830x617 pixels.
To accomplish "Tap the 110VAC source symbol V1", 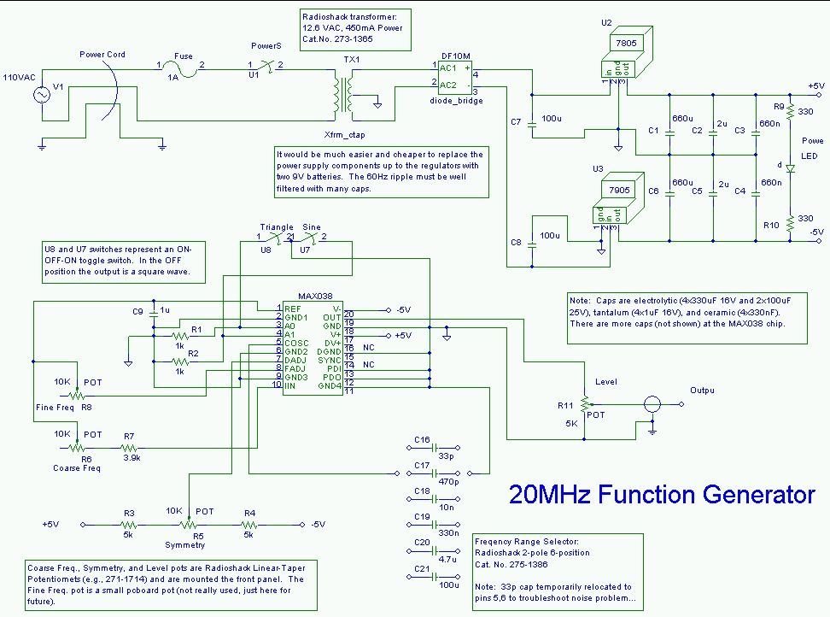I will click(40, 95).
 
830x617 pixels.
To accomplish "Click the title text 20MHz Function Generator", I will click(662, 495).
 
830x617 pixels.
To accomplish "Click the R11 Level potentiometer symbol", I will click(585, 402).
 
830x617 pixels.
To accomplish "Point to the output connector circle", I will click(653, 404).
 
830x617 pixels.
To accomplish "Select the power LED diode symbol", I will click(791, 169).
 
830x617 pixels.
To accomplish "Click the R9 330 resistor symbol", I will click(791, 111).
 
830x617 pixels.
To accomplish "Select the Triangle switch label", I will click(277, 227).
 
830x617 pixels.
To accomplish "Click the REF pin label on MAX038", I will click(293, 308).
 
